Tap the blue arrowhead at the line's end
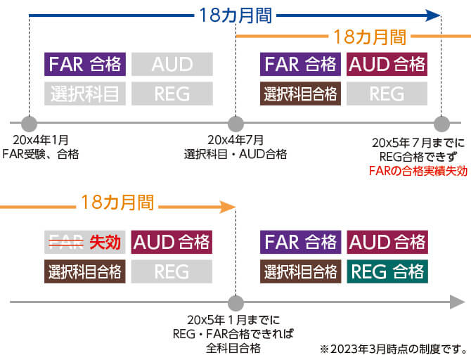[433, 15]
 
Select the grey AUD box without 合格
[172, 65]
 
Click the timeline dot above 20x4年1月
[29, 124]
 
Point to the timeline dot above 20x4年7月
[235, 124]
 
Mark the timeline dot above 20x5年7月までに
[441, 124]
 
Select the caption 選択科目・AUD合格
[235, 154]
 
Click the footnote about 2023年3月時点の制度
[394, 348]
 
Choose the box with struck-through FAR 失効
[85, 243]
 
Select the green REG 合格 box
[386, 271]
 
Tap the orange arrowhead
[227, 206]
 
